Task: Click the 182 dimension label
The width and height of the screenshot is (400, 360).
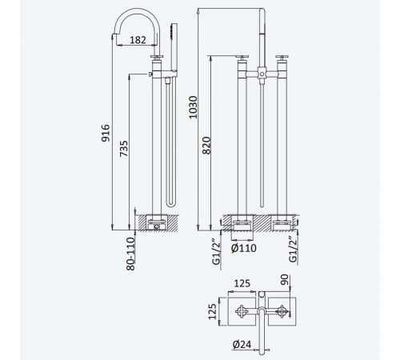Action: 138,40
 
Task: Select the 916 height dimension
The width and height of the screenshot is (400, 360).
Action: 106,133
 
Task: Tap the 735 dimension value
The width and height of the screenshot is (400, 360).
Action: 123,149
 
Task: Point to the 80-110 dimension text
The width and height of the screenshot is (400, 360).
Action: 130,254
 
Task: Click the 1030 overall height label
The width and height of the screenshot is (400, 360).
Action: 193,107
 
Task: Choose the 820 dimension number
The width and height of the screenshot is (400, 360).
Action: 206,146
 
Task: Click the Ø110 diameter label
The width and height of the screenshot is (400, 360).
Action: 244,248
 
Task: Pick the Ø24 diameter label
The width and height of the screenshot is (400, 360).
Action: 242,345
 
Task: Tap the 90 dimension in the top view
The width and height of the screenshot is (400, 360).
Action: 285,279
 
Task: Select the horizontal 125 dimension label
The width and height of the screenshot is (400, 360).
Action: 242,283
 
